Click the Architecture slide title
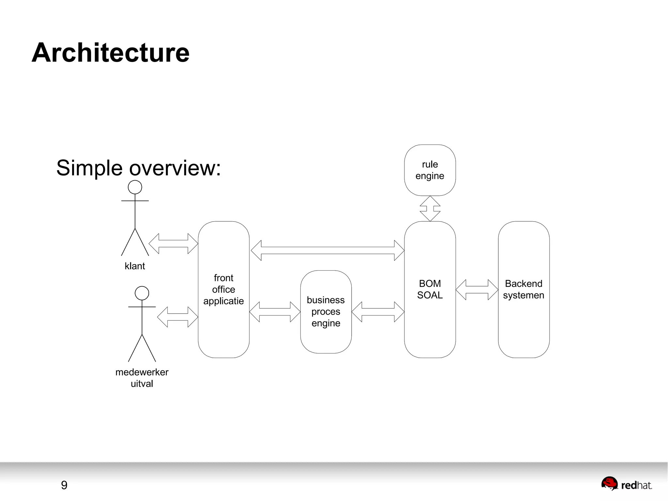(x=110, y=53)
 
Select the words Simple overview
(x=138, y=168)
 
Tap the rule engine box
(x=430, y=170)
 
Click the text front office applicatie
(x=223, y=289)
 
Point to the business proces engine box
(x=326, y=311)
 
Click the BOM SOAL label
(x=430, y=289)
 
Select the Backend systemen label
(x=523, y=289)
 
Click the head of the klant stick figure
(x=135, y=187)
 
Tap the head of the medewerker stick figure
(x=142, y=293)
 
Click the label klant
(x=134, y=266)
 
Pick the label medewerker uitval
(x=142, y=378)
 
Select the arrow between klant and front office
(x=173, y=243)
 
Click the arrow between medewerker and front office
(x=177, y=317)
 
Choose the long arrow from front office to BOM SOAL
(x=327, y=250)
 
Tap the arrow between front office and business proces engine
(x=275, y=312)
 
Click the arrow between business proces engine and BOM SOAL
(x=378, y=312)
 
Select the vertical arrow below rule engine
(x=430, y=209)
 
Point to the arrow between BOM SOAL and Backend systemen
(x=477, y=290)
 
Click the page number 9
(x=64, y=485)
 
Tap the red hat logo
(x=626, y=484)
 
